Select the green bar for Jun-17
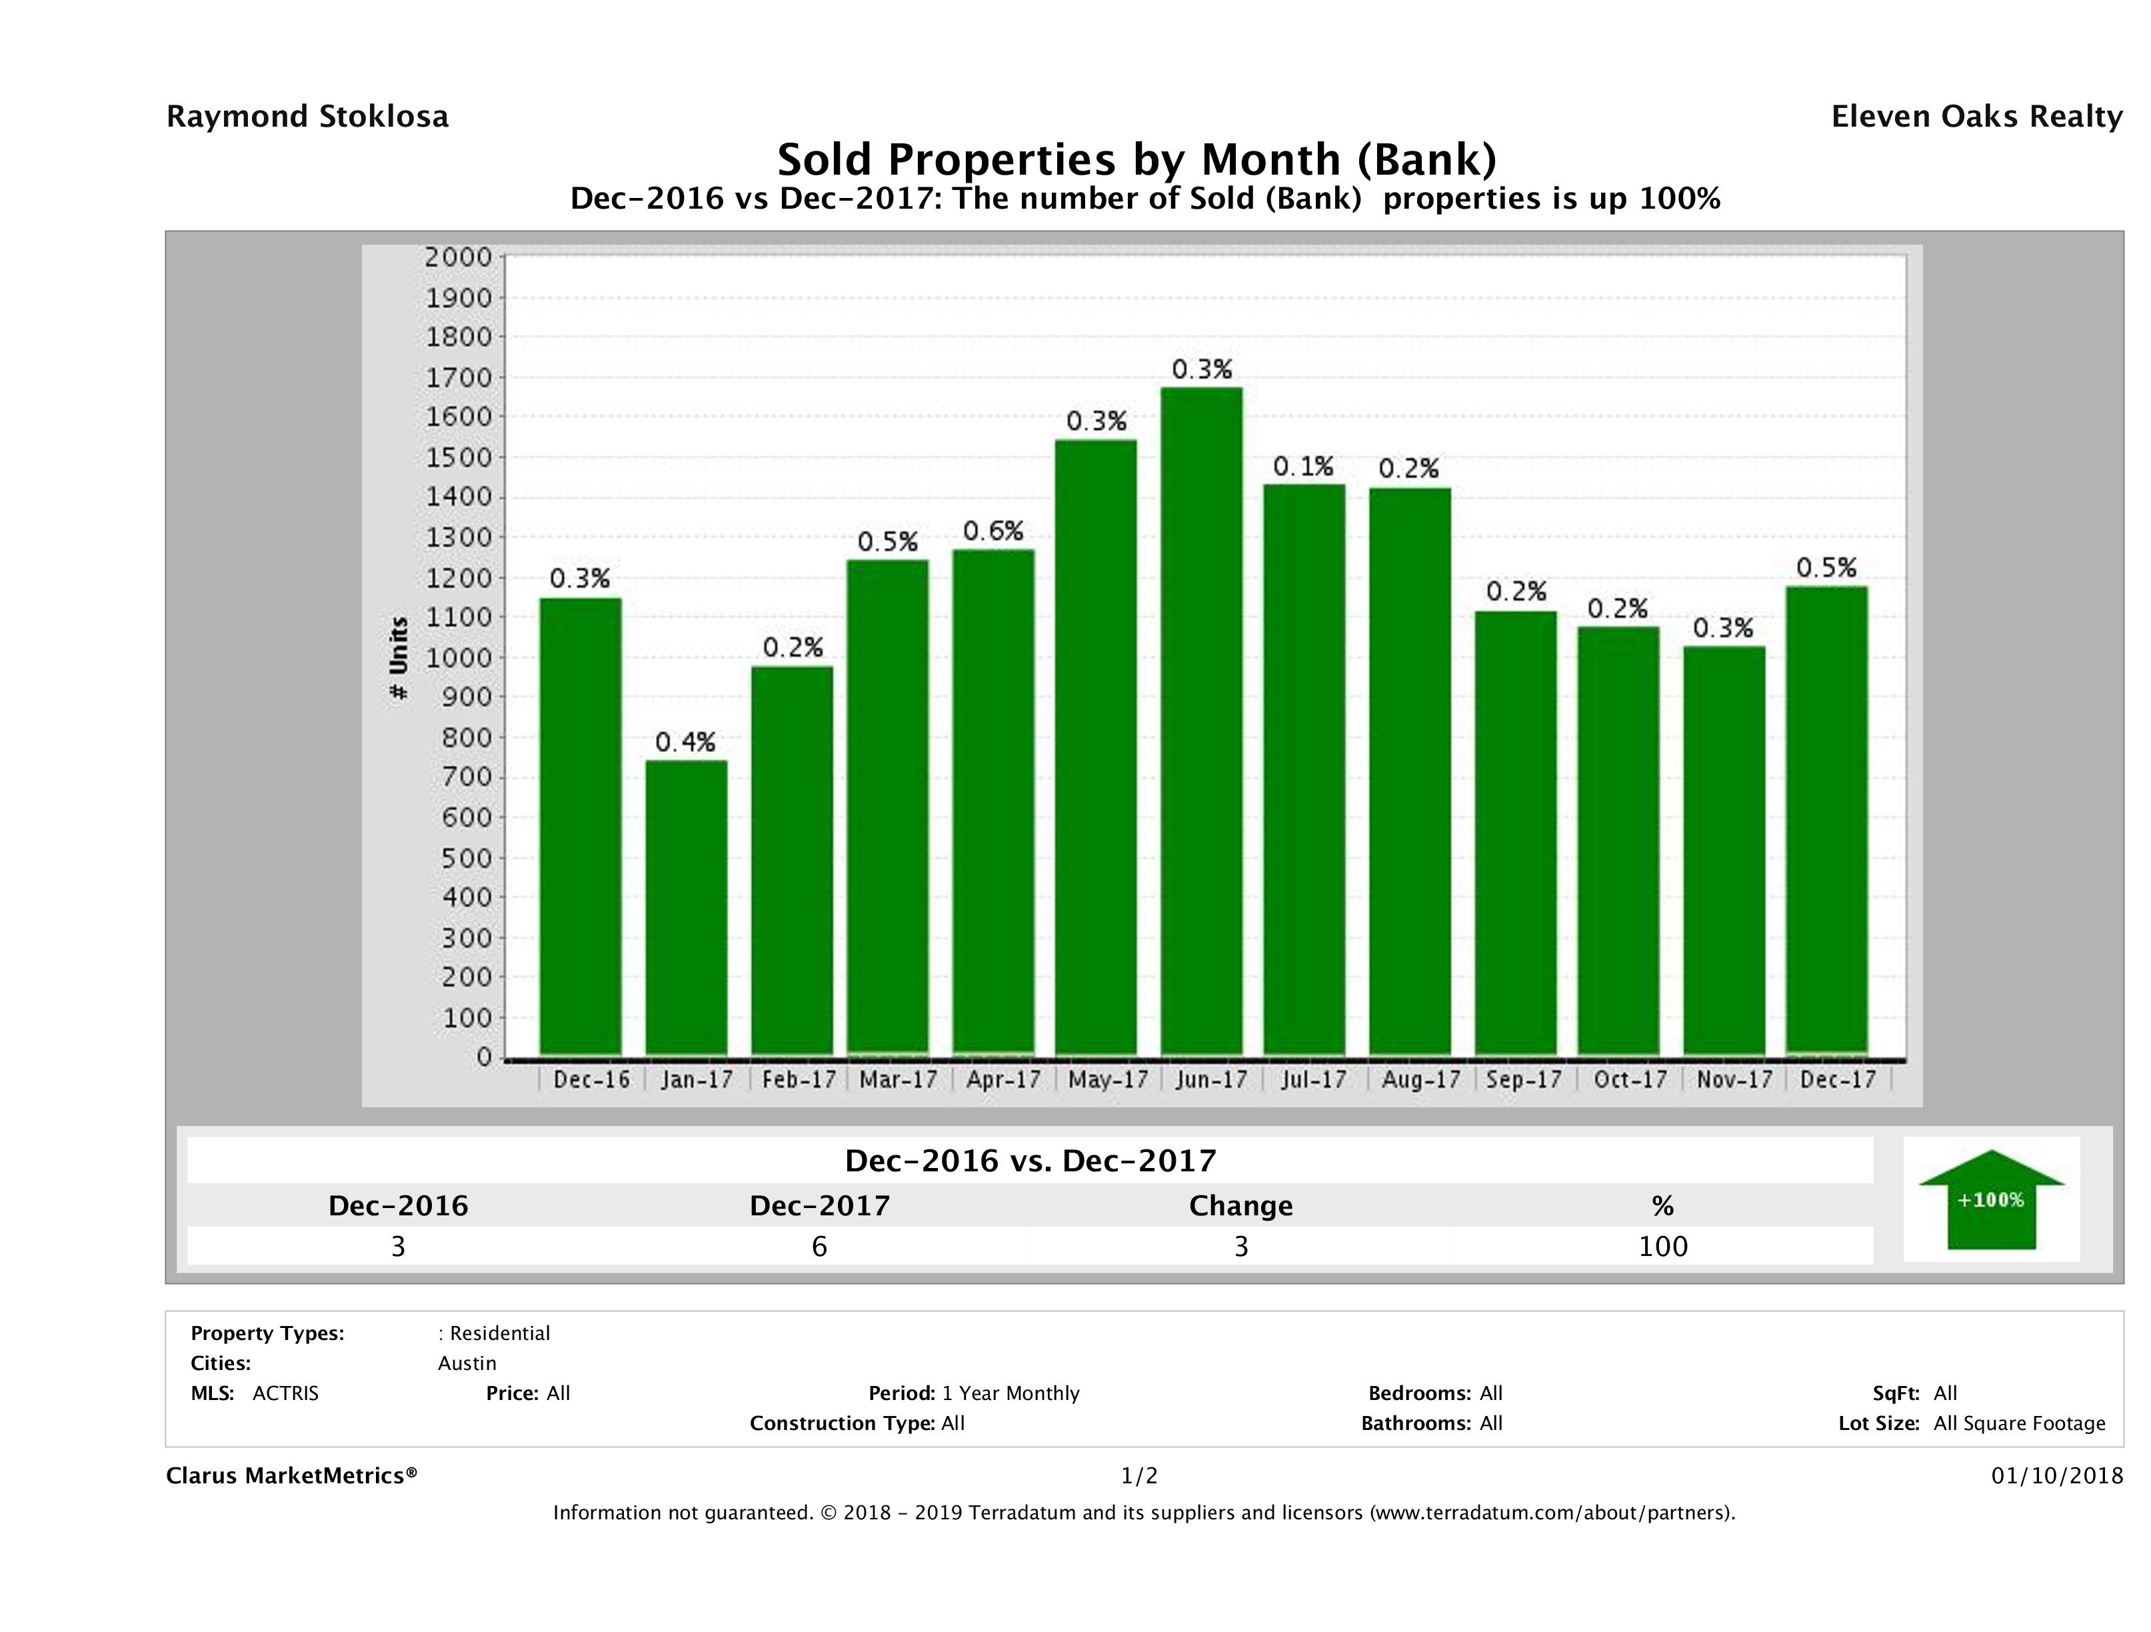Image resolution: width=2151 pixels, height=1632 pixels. [x=1201, y=720]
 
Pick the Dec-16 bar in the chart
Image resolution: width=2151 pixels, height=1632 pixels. [x=581, y=826]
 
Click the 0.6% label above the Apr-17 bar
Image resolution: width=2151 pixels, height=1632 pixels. [x=993, y=531]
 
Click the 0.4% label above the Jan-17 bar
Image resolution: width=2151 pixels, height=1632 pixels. [x=685, y=743]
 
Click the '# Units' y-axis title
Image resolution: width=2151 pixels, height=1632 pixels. [x=399, y=657]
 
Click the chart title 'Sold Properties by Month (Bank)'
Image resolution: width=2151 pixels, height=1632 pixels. [x=1136, y=159]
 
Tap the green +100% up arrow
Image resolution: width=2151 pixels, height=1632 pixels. [x=1990, y=1199]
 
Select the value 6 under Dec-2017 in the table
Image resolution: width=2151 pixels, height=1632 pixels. [x=820, y=1247]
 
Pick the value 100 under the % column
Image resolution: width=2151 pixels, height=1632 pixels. [x=1663, y=1247]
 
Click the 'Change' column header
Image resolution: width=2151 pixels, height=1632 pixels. [x=1241, y=1206]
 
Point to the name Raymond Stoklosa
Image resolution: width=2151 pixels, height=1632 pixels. [x=307, y=117]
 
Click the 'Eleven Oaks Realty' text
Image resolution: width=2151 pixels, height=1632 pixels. [x=1977, y=117]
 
